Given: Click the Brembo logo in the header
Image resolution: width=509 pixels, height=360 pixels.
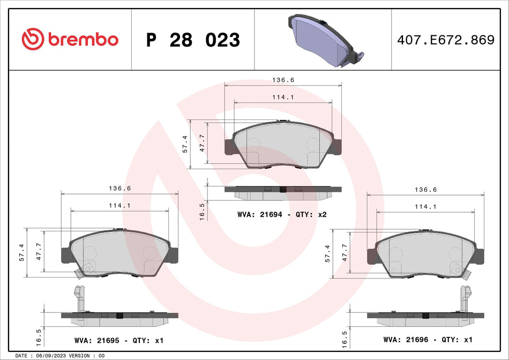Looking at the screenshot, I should pos(70,39).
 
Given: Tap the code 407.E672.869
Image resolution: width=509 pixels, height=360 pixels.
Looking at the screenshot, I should pos(445,40).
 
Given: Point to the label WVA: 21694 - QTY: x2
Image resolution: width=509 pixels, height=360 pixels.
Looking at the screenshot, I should pos(282,214).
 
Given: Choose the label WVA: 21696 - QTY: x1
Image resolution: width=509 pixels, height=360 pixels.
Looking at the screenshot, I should pos(428,340).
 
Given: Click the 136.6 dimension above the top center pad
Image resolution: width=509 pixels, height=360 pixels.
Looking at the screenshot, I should pos(283,80).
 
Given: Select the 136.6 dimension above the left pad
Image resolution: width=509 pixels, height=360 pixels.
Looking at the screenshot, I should pos(119,189).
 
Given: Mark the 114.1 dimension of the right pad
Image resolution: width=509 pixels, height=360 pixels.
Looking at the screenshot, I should pos(425,207).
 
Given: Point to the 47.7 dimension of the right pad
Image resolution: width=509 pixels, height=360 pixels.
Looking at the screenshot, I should pos(345,252).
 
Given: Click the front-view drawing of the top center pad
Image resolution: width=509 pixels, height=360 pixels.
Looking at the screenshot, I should pos(282,144).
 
